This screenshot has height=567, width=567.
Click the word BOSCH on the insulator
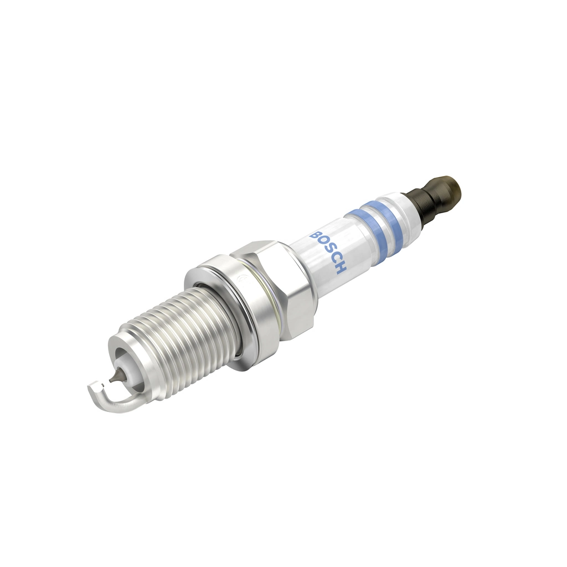coord(329,251)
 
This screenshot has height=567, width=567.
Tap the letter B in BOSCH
coord(317,234)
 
